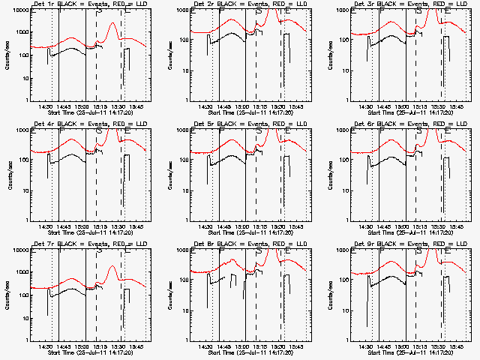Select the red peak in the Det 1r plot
[x=112, y=24]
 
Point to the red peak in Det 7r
[x=112, y=267]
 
